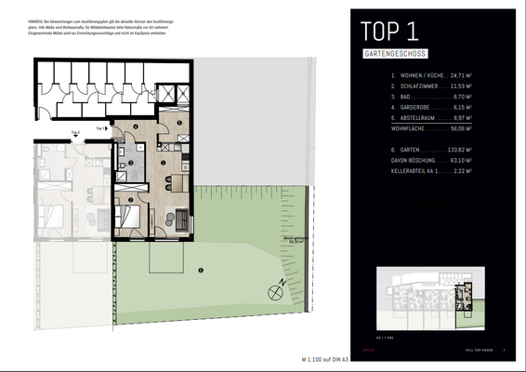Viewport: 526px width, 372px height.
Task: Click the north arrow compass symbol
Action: (274, 290)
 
